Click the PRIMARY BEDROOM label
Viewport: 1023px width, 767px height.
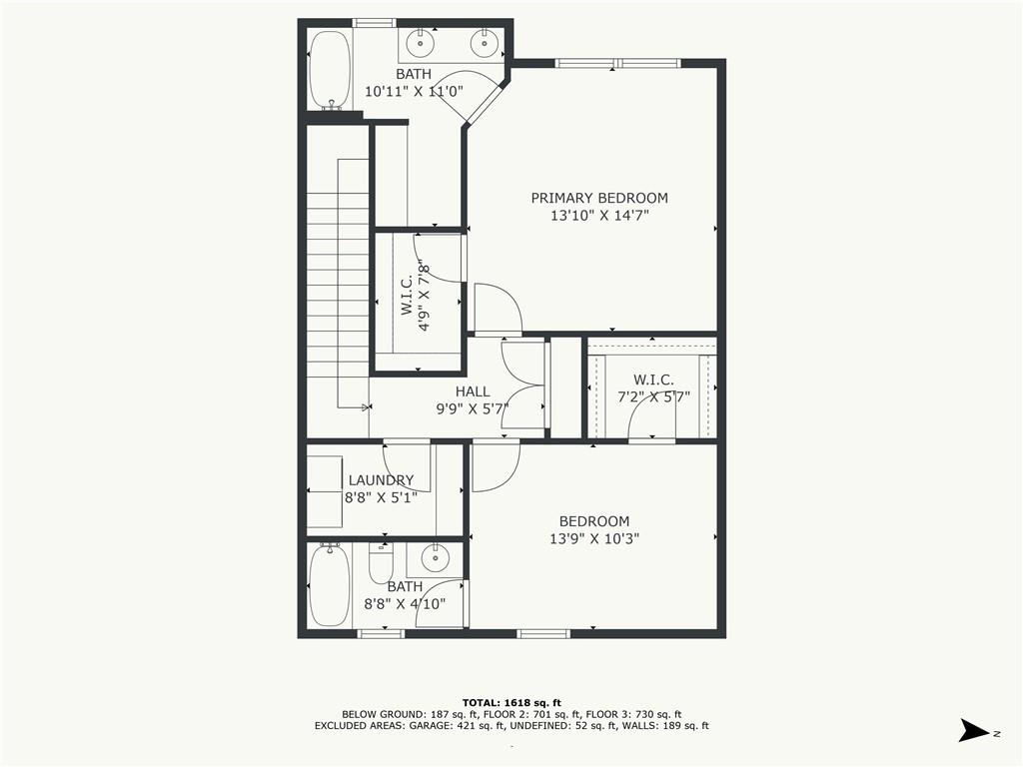(x=598, y=198)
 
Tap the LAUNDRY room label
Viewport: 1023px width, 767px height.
(x=381, y=480)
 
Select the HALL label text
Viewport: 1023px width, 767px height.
(x=473, y=391)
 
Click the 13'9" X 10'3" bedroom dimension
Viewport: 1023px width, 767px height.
(x=593, y=538)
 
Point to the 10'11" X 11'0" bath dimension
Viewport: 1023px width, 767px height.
(x=413, y=91)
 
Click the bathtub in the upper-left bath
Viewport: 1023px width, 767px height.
(x=329, y=69)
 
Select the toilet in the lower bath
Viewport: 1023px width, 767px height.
(x=381, y=564)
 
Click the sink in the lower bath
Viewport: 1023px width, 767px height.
(x=435, y=556)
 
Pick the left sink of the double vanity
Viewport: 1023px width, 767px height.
(x=422, y=43)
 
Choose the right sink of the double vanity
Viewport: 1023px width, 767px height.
(x=487, y=43)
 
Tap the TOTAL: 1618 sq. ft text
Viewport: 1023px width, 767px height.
(x=511, y=702)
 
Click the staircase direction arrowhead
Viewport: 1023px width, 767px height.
(x=366, y=406)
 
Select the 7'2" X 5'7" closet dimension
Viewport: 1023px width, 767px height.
(x=653, y=396)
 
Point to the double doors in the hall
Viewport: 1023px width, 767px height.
(x=523, y=385)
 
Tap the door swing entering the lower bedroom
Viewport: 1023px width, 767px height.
(x=495, y=467)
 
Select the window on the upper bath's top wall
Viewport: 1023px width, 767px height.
(x=375, y=23)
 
